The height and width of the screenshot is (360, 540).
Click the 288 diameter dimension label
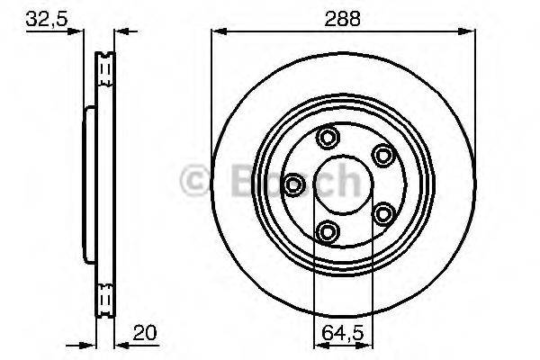[342, 19]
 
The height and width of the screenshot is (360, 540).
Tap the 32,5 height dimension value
[47, 19]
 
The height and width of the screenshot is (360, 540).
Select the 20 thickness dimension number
[145, 333]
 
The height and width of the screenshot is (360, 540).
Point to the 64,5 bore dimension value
[343, 333]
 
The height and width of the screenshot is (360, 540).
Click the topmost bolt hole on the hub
[328, 137]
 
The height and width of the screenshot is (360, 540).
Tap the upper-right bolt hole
[383, 155]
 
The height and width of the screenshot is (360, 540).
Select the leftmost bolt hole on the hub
[293, 184]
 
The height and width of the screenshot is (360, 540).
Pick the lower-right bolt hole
[383, 214]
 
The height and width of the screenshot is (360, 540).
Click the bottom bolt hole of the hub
[328, 232]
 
